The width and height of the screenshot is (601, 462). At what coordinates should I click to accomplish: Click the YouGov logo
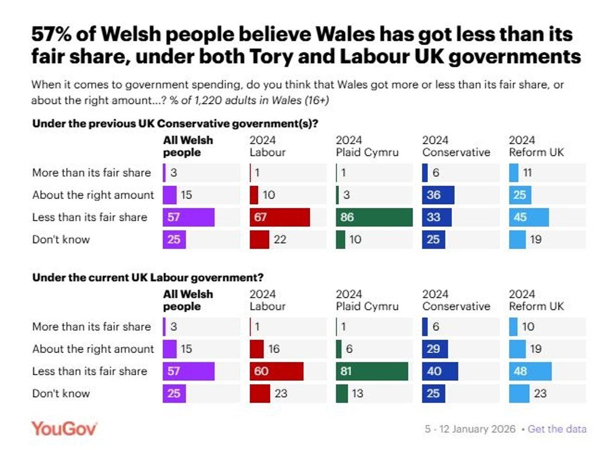coord(65,429)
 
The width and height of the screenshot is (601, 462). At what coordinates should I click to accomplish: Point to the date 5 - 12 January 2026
coord(470,429)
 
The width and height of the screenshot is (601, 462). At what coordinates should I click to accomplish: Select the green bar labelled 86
coord(375,217)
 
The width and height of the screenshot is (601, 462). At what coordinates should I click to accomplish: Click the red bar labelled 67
coord(279,217)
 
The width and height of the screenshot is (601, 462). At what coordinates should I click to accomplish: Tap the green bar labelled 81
coord(372,371)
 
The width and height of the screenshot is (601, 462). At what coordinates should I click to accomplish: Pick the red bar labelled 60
coord(276,371)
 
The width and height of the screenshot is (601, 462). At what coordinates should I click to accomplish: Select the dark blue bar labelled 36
coord(438,195)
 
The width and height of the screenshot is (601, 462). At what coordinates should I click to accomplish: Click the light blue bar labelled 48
coord(530,371)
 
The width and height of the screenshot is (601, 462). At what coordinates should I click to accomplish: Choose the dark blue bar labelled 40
coord(440,371)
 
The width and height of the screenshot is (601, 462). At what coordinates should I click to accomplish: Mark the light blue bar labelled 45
coord(529,217)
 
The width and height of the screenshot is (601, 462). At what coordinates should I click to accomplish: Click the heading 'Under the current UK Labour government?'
coord(148,277)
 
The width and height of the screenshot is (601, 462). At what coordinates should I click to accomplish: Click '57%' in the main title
coord(52,35)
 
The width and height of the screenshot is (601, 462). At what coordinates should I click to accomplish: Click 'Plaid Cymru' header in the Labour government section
coord(367,306)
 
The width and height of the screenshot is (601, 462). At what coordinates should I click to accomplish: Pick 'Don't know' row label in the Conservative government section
coord(61,239)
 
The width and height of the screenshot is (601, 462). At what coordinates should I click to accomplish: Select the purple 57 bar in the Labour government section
coord(189,371)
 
